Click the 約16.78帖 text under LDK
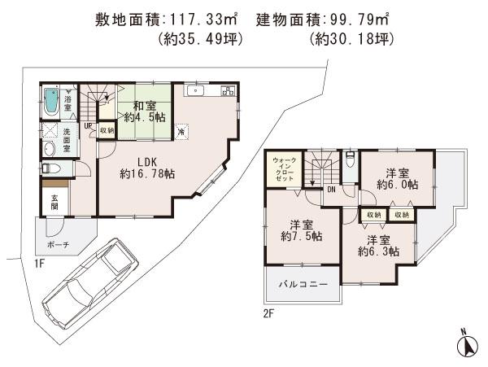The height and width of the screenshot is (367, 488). click(x=145, y=173)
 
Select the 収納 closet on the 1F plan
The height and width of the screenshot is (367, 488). click(x=107, y=129)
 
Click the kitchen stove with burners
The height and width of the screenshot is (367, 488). click(x=224, y=92)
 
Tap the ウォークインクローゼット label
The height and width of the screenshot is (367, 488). click(x=285, y=169)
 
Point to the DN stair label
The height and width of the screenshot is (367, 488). click(x=332, y=190)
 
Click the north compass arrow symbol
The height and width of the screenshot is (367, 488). click(x=468, y=344)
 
